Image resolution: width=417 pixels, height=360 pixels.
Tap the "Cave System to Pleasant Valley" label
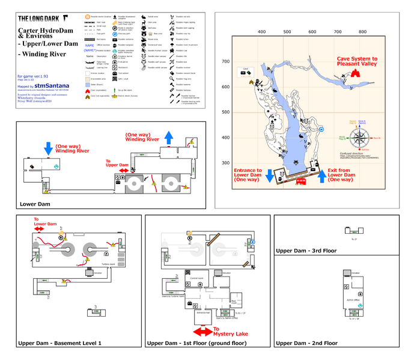pyautogui.click(x=358, y=62)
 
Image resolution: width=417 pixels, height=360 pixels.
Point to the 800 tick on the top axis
pyautogui.click(x=363, y=32)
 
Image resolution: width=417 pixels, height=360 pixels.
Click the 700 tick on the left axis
pyautogui.click(x=226, y=62)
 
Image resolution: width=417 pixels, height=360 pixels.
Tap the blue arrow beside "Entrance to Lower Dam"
pyautogui.click(x=270, y=174)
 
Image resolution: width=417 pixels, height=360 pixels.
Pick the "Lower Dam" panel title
pyautogui.click(x=35, y=204)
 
